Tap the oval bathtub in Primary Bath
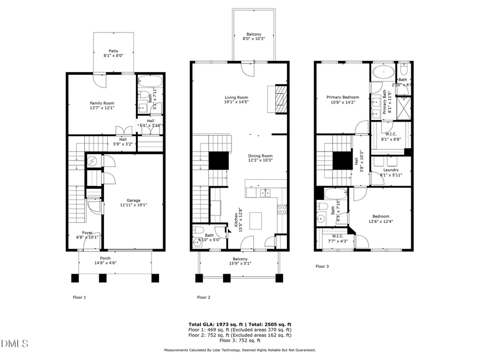click(x=383, y=73)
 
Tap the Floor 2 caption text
click(x=204, y=297)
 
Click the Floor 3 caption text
click(x=322, y=266)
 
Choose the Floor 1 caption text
click(x=79, y=297)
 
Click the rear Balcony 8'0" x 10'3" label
click(x=254, y=36)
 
